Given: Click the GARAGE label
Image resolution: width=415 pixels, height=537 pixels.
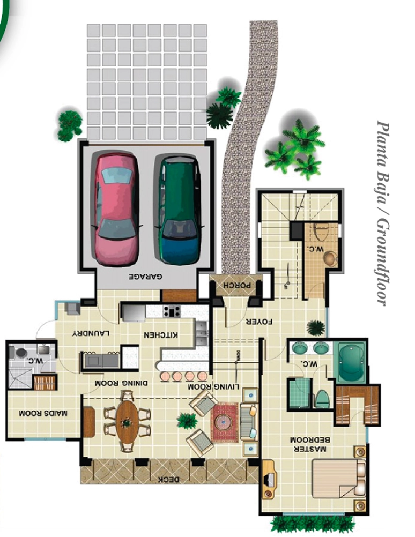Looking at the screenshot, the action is (x=146, y=277).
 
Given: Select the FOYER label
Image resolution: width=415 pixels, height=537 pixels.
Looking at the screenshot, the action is (x=259, y=322).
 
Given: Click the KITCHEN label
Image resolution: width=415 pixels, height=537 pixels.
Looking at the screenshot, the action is (x=160, y=334).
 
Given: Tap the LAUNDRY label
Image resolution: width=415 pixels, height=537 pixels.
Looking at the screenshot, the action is (x=91, y=333).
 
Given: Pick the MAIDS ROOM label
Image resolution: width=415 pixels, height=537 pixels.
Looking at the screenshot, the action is (x=43, y=413).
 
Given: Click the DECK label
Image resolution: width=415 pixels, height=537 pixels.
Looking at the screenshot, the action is (x=169, y=480).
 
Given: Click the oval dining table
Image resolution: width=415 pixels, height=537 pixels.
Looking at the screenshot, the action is (x=127, y=422).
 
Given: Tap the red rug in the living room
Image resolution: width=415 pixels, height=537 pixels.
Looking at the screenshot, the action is (x=225, y=422).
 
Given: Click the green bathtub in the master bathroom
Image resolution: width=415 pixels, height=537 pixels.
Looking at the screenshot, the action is (x=352, y=362).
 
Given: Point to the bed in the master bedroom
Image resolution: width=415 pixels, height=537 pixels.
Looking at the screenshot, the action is (x=338, y=479).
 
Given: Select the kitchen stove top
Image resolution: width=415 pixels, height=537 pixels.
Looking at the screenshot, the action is (x=172, y=311).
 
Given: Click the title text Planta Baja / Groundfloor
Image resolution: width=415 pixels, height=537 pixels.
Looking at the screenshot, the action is (x=384, y=212).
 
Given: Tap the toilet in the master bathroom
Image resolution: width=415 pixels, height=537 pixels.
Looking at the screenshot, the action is (x=322, y=398).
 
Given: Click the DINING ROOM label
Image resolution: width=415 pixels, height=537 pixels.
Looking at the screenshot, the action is (x=121, y=383).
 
